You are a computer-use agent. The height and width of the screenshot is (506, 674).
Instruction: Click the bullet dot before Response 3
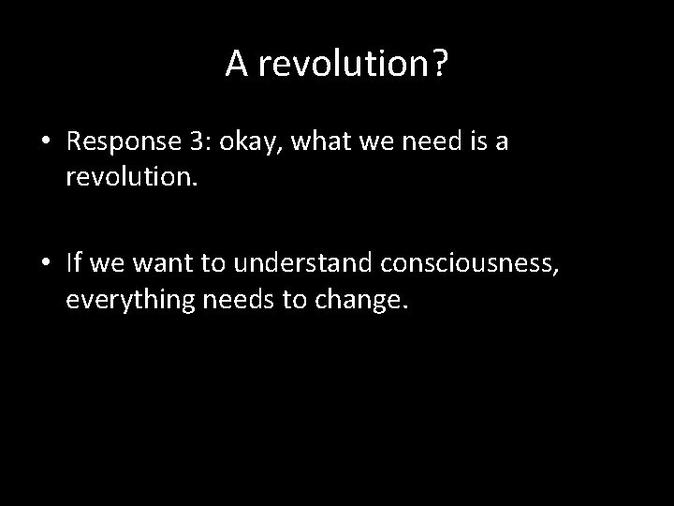coord(46,142)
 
